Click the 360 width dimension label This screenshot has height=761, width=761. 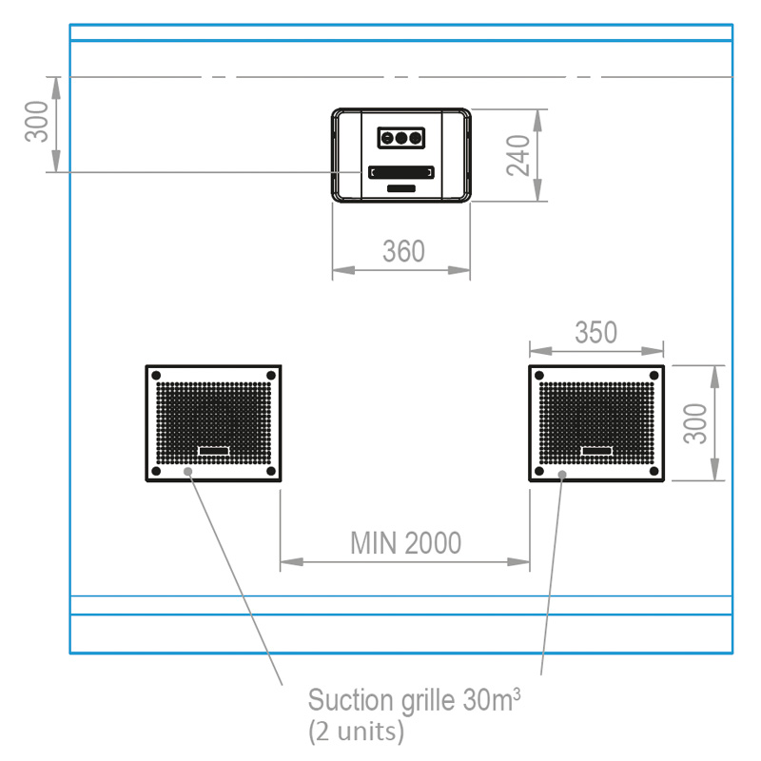[403, 252]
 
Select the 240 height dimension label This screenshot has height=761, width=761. [518, 155]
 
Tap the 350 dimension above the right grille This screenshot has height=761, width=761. [595, 332]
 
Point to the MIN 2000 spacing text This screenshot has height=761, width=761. [405, 543]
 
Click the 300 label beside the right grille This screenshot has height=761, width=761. [697, 422]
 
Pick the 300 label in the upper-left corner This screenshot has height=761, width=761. [37, 122]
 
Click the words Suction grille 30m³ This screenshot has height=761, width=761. [414, 702]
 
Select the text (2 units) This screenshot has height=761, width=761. [357, 732]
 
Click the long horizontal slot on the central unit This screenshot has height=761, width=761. [401, 172]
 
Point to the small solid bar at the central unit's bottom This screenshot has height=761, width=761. [401, 189]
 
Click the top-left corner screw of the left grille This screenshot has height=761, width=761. [157, 375]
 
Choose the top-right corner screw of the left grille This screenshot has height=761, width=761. [270, 375]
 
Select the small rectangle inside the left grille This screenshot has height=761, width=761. [213, 450]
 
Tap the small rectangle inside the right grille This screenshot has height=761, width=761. [596, 450]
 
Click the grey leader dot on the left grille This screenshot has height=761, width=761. [188, 471]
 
